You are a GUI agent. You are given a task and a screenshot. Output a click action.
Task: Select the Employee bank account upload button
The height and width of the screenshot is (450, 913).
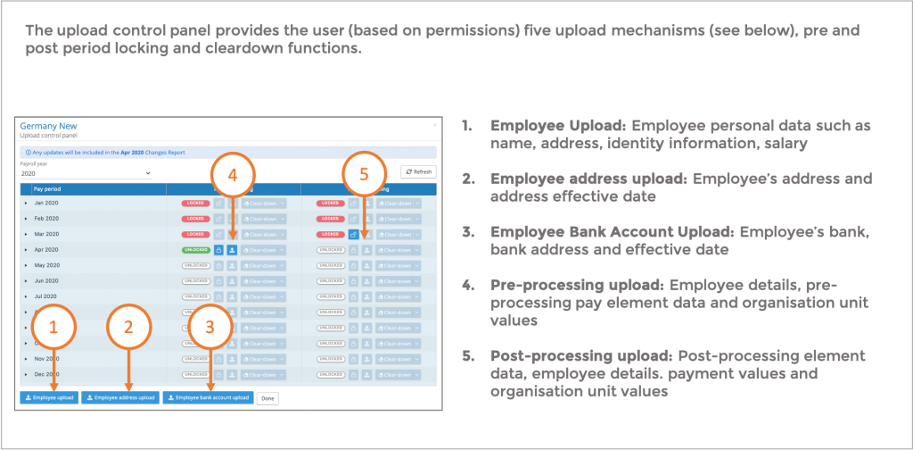point(208,397)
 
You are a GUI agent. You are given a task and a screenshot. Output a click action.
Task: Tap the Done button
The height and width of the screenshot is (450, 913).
point(267,397)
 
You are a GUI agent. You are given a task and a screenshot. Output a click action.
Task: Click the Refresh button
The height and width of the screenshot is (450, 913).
point(418,171)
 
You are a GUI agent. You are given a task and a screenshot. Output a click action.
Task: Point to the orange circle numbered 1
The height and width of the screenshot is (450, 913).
point(54,327)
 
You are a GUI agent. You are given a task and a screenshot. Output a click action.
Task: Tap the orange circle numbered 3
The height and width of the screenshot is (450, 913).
point(210,327)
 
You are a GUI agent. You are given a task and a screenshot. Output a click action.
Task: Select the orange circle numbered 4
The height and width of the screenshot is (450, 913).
point(233,176)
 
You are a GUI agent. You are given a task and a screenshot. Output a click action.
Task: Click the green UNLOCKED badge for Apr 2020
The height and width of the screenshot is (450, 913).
point(196,250)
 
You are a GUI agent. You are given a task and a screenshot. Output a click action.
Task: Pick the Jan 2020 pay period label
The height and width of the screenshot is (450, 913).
point(47,204)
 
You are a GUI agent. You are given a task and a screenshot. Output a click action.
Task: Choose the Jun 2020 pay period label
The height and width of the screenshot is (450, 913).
point(47,280)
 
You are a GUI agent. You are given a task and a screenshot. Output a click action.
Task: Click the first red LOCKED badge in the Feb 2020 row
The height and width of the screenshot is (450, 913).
point(196,219)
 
